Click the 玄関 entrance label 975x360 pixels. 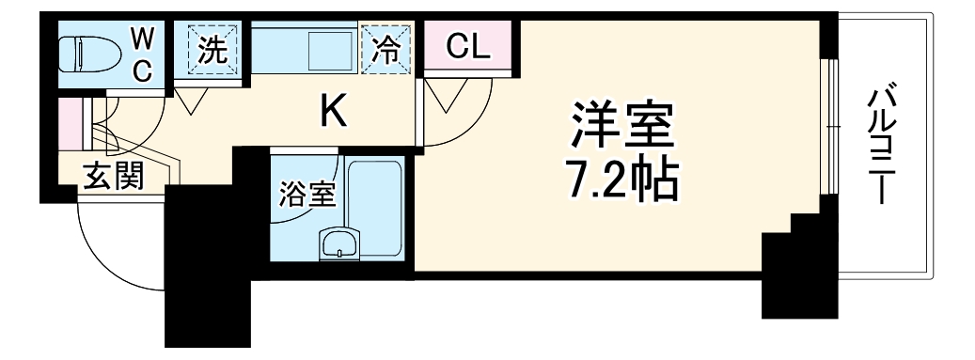(111, 176)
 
